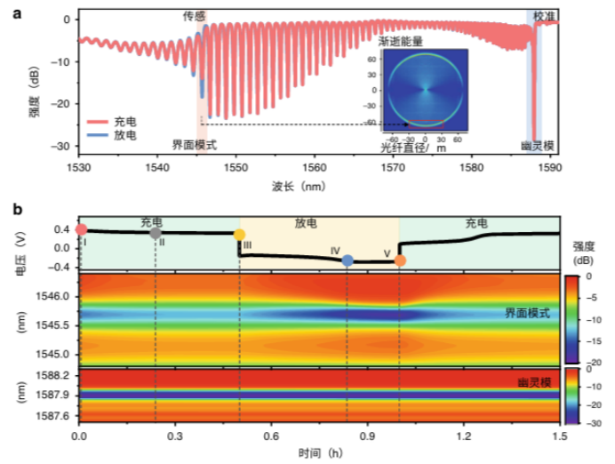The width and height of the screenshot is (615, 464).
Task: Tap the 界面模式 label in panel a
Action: point(195,144)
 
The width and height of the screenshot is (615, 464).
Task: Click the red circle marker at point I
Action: point(81,229)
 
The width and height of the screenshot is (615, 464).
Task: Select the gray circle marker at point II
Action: point(156,233)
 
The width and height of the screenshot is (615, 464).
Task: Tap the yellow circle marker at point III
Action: point(239,235)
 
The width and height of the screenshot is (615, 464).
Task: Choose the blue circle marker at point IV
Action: point(347,260)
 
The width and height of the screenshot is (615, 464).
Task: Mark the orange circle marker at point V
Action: point(400,260)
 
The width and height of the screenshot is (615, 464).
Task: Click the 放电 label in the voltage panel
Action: point(318,223)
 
